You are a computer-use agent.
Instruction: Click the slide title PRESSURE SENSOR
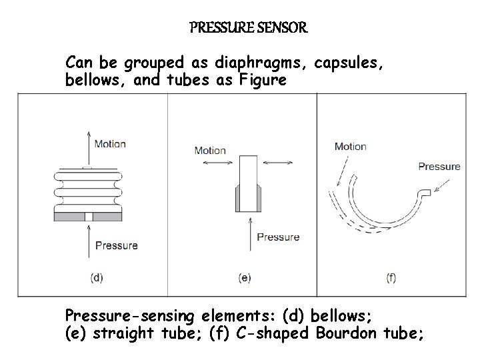coord(248,28)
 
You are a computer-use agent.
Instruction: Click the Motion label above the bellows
coord(110,143)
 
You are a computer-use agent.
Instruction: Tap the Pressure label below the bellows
coord(116,245)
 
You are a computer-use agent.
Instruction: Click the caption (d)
coord(97,278)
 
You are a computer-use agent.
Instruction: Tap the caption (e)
coord(245,278)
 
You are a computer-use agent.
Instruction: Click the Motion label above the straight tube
coord(210,150)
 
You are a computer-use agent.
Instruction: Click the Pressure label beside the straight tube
coord(278,237)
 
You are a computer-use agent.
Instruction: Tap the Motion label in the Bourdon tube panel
coord(350,147)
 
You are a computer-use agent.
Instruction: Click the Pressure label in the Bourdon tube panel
coord(439,166)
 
